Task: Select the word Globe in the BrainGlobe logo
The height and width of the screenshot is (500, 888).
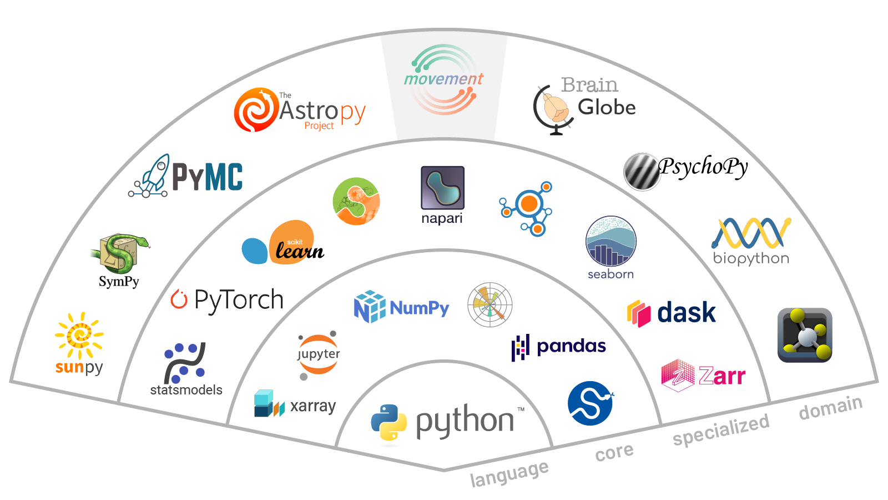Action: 607,107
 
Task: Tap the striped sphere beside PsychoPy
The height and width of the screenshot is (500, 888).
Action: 641,172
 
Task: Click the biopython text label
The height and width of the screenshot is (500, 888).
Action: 751,258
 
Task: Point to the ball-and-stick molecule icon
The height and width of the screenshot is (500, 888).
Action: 805,335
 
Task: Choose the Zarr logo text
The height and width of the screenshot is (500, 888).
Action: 722,376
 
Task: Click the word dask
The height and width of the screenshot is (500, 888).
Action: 687,313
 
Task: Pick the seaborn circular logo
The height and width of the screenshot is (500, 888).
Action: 610,241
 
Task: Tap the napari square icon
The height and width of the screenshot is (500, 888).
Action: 442,188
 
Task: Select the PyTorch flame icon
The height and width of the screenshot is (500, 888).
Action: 179,299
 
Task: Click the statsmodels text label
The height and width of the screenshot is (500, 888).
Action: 186,390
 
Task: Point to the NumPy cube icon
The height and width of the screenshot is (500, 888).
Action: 369,307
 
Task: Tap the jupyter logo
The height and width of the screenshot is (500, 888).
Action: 318,354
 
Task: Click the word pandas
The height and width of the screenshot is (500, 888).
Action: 571,346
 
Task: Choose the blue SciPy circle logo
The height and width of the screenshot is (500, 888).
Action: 590,403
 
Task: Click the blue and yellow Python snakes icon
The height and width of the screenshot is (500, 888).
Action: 389,423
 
